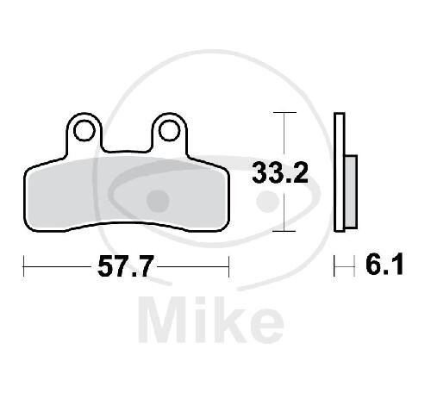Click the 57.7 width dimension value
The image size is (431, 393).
(124, 266)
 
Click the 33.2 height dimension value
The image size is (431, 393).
(280, 172)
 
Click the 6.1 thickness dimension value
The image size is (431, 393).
(384, 265)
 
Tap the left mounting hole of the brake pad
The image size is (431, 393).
(84, 131)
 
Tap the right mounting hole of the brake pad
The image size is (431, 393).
(169, 131)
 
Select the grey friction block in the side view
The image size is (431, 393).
(351, 191)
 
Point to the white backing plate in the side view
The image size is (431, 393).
(340, 172)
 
